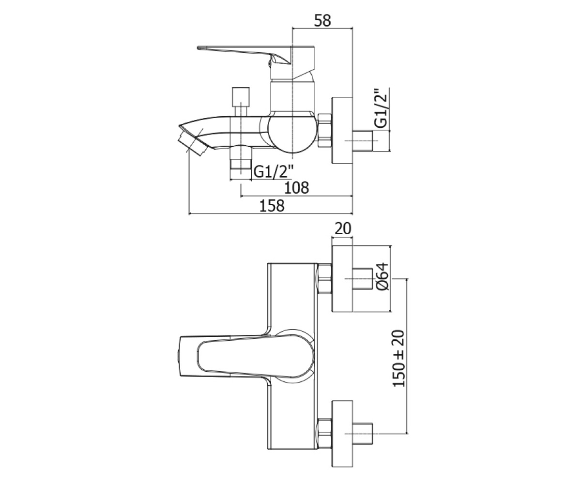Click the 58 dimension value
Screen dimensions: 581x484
pos(322,21)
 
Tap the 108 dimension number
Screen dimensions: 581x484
pos(296,188)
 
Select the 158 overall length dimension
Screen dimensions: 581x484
pos(272,206)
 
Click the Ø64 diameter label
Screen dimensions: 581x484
pos(383,277)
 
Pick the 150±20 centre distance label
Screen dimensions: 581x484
pos(399,359)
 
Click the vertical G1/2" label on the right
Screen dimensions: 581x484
pos(381,108)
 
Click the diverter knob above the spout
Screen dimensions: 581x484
pos(241,102)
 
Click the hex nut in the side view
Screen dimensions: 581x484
pos(325,131)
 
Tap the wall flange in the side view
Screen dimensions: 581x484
pos(342,131)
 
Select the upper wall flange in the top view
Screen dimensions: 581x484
pos(342,279)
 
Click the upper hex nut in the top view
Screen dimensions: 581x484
pos(324,279)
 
